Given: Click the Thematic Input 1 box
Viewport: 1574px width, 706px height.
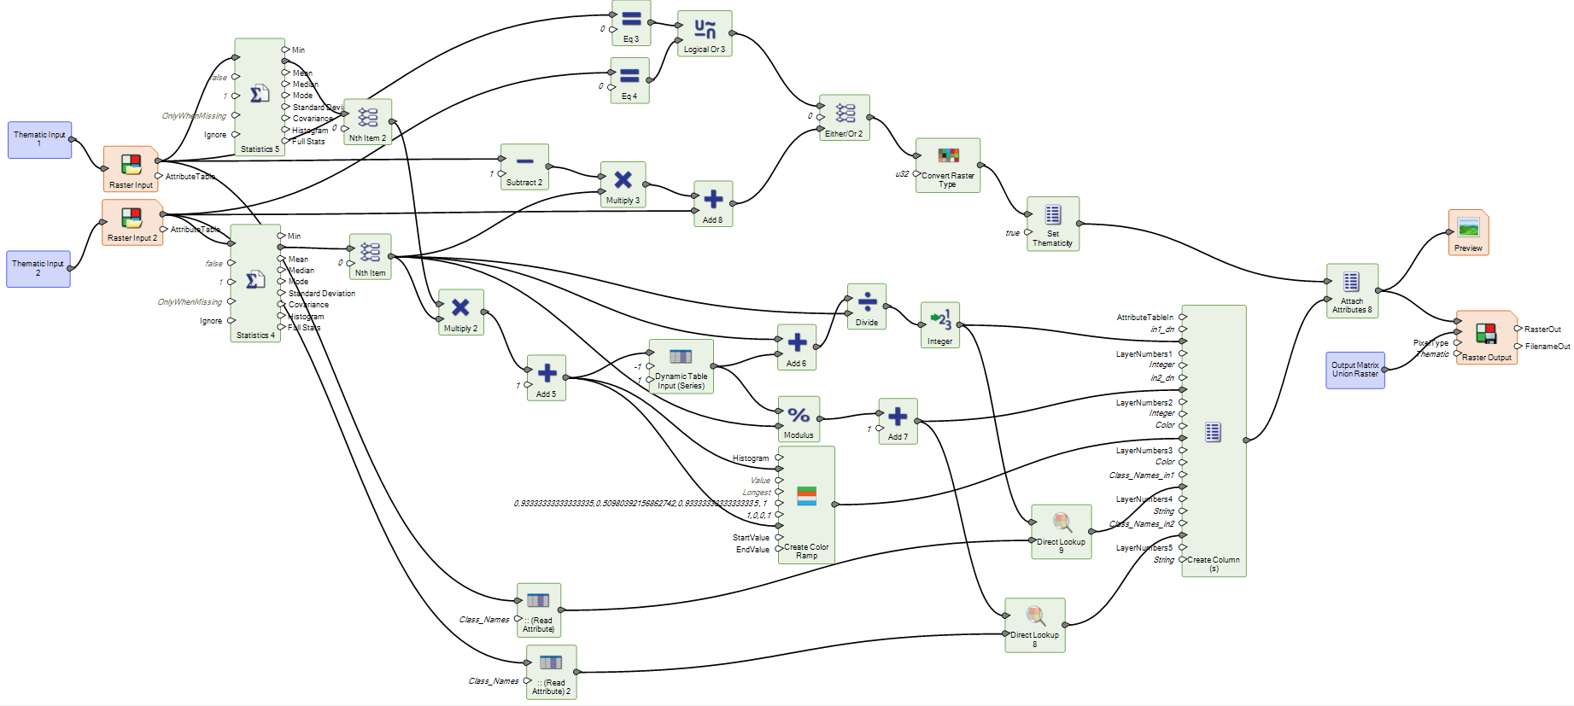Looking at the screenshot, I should [39, 139].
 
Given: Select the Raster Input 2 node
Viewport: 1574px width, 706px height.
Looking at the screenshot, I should [132, 222].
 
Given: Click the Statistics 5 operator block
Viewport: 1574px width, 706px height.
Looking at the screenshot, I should [260, 96].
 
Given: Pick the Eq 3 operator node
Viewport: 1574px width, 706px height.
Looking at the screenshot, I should [631, 23].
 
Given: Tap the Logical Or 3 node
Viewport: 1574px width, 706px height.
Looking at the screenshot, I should [705, 33].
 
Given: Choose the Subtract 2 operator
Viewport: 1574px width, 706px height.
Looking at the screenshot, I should [524, 166].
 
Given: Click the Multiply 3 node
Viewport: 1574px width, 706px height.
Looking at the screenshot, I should [623, 184].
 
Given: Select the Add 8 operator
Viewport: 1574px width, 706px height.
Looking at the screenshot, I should [713, 203].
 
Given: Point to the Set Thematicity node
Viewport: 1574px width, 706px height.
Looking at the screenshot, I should [1052, 223].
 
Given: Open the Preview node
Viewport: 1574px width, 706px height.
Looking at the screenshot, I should [1468, 232].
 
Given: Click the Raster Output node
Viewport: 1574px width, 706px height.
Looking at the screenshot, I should [1486, 337].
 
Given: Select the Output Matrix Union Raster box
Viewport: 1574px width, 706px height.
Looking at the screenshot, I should [1355, 370].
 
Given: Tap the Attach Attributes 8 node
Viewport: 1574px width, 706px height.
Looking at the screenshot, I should [1351, 289].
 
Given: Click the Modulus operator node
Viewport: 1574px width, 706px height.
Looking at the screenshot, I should [799, 418].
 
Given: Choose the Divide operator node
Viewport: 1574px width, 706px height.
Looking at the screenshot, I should [867, 306].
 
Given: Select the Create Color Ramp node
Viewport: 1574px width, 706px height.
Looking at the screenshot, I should [806, 504].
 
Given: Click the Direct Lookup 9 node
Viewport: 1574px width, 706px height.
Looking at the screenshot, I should [1061, 530].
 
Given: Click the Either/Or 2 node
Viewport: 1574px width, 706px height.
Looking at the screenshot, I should [844, 117].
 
